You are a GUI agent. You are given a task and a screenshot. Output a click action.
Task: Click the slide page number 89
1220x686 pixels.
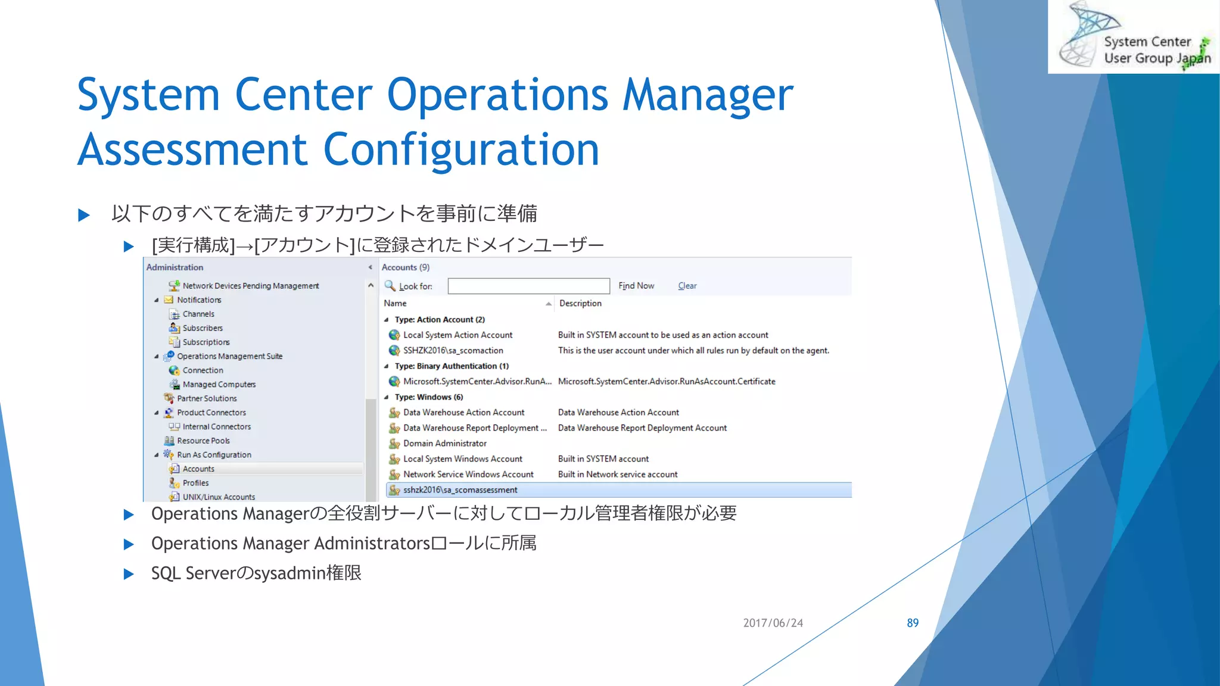click(912, 623)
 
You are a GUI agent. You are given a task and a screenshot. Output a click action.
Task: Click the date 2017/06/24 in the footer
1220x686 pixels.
click(773, 623)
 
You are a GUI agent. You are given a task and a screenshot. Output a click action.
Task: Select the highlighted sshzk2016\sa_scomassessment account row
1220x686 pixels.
click(460, 490)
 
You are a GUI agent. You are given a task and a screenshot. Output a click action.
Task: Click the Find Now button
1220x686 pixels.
click(636, 286)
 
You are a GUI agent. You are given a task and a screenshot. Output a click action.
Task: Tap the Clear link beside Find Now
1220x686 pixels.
click(687, 286)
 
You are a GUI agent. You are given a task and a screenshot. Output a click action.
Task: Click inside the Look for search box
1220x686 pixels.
click(528, 286)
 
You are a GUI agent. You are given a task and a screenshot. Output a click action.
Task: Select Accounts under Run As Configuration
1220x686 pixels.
click(198, 469)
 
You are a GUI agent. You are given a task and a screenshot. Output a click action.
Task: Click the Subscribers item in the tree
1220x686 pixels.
click(203, 328)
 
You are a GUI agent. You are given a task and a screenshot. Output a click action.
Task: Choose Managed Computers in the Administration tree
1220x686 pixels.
click(219, 385)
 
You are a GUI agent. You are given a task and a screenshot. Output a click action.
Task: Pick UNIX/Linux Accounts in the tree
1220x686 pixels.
click(219, 497)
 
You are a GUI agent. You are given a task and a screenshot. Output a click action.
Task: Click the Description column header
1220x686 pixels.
click(580, 304)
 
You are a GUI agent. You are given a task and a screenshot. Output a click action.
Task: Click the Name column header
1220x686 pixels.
click(395, 304)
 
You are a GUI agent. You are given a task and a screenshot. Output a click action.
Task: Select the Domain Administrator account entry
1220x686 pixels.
click(444, 444)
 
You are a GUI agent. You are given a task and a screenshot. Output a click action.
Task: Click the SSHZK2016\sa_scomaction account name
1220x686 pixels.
click(453, 351)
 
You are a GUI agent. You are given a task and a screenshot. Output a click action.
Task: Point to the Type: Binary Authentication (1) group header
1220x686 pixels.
click(451, 366)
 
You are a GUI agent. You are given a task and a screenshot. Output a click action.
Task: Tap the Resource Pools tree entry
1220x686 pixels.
click(203, 441)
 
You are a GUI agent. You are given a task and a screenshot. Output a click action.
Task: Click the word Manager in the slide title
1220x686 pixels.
click(708, 95)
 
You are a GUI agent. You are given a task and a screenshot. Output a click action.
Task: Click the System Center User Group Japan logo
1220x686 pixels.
click(1133, 37)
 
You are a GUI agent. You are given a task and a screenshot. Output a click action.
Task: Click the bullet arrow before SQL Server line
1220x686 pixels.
click(129, 574)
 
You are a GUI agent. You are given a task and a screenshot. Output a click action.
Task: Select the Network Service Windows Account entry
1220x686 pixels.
click(468, 475)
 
